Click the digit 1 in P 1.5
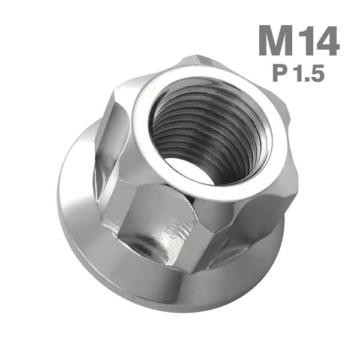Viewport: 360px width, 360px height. (x=299, y=73)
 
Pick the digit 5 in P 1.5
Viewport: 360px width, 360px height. (x=317, y=73)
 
